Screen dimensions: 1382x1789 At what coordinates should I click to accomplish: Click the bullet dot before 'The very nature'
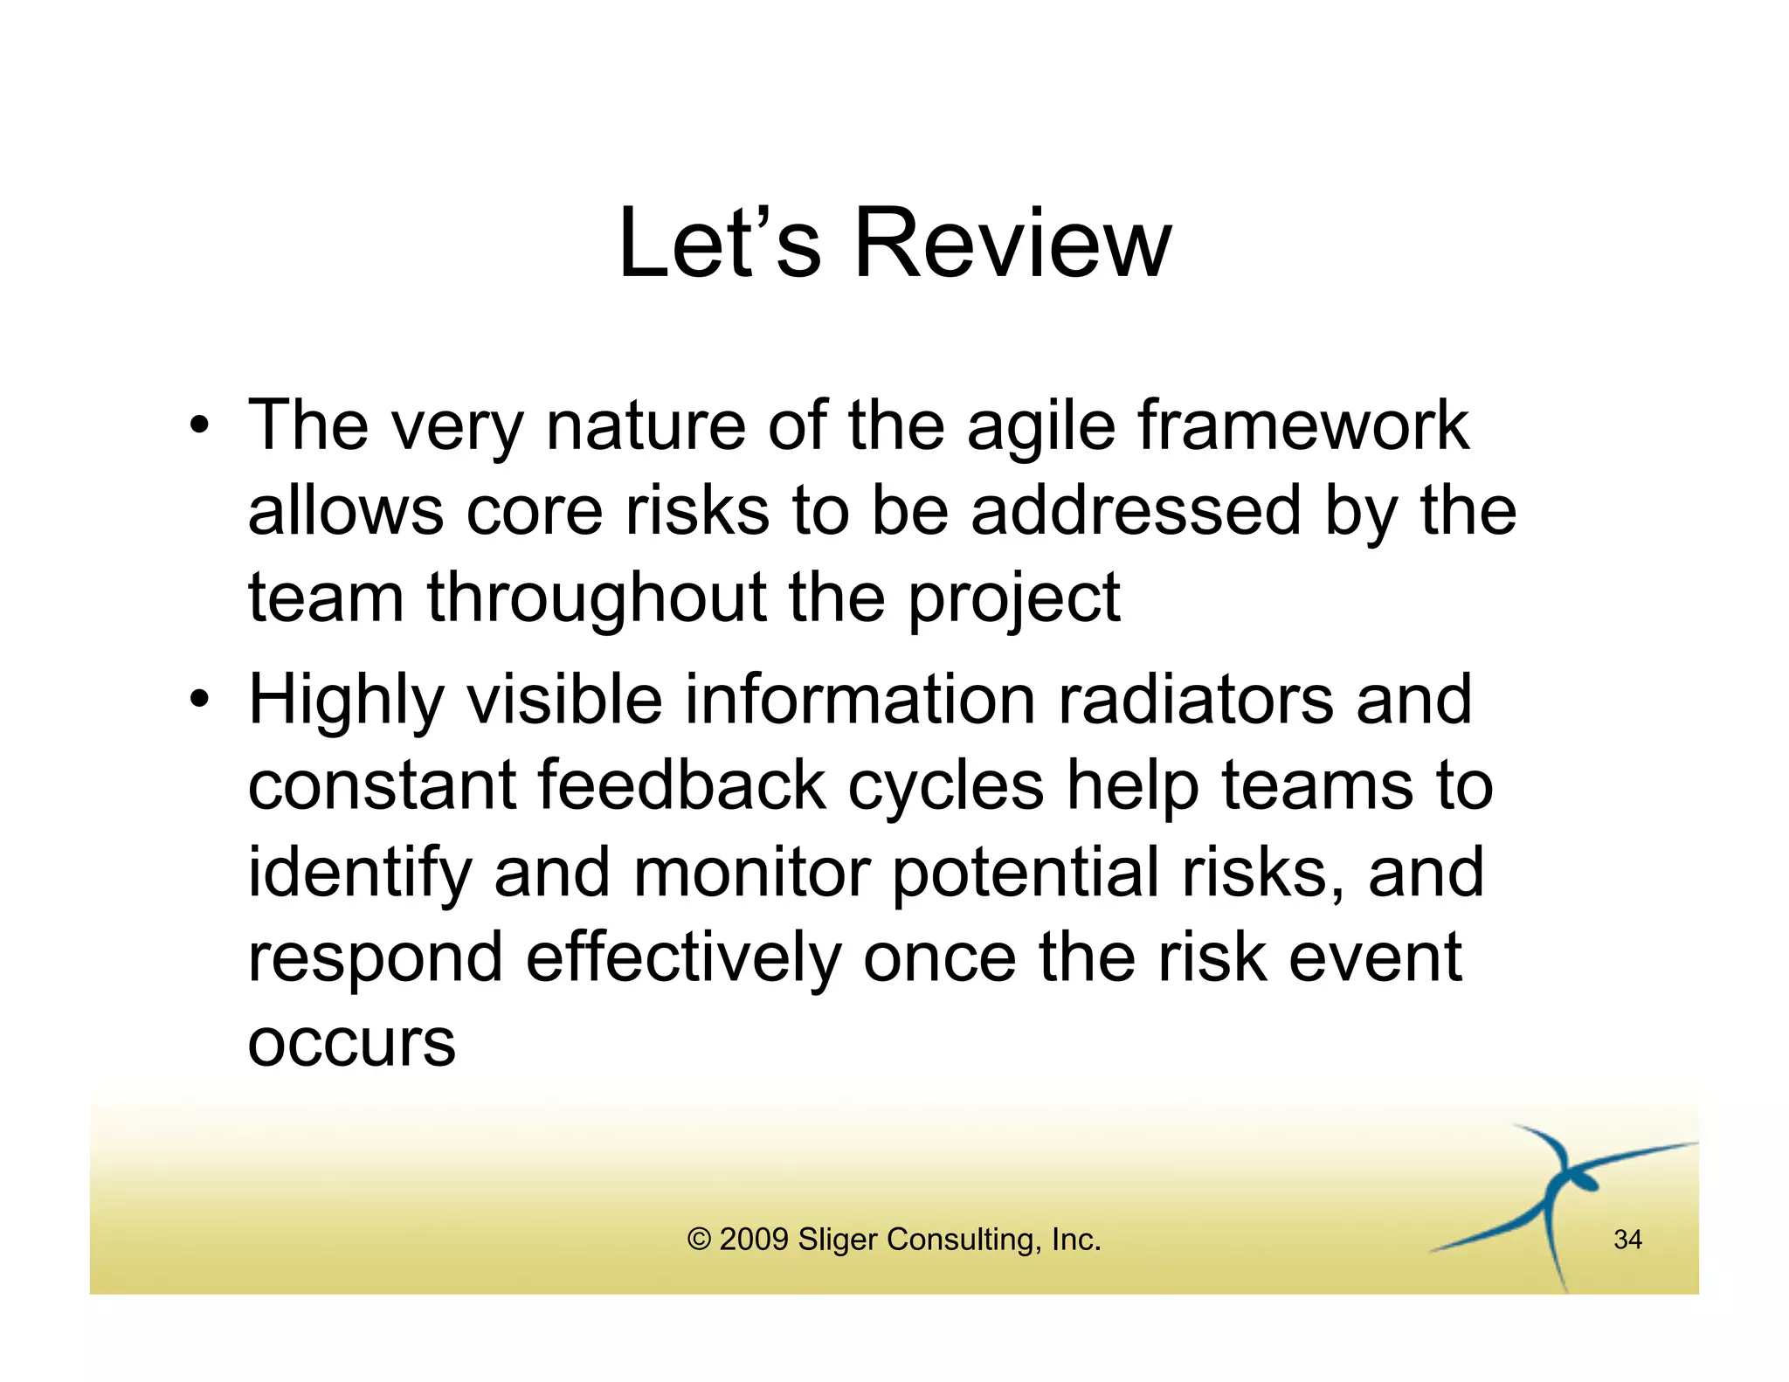pyautogui.click(x=200, y=426)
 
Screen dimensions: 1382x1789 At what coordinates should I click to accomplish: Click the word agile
pyautogui.click(x=1041, y=428)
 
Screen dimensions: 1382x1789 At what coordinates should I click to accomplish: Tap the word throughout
pyautogui.click(x=597, y=598)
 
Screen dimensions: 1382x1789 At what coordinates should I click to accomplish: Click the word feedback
pyautogui.click(x=681, y=785)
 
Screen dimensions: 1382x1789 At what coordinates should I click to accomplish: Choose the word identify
pyautogui.click(x=360, y=873)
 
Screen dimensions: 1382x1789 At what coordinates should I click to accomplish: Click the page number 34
pyautogui.click(x=1627, y=1240)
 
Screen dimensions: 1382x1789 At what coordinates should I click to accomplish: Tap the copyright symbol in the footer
pyautogui.click(x=699, y=1240)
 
